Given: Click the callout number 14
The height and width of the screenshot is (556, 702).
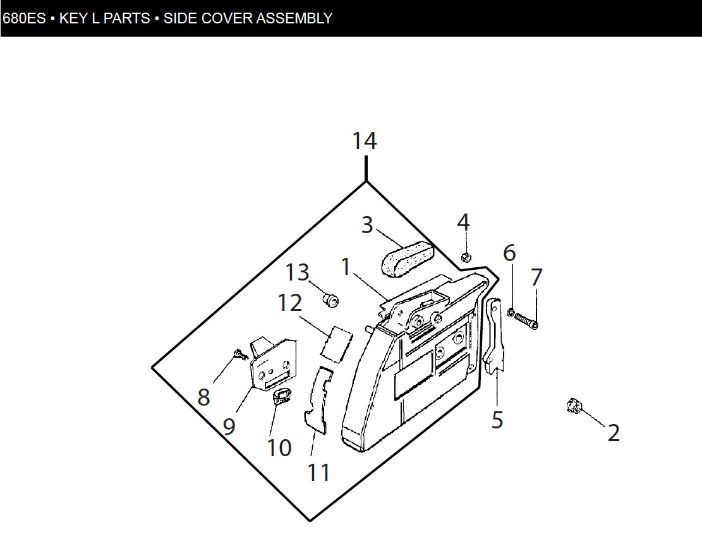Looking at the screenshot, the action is [x=365, y=141].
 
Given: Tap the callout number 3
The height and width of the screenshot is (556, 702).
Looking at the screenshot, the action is [x=367, y=225].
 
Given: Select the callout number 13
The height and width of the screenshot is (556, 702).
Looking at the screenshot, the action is [x=297, y=272].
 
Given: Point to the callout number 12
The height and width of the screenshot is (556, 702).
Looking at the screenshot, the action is [x=289, y=303].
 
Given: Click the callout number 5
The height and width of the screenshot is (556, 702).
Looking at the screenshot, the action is [x=497, y=420].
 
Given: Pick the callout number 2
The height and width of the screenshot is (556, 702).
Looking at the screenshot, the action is [x=614, y=433].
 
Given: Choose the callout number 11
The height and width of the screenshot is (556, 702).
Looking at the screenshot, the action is [x=318, y=473].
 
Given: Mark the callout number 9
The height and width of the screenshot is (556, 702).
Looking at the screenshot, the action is [x=229, y=426].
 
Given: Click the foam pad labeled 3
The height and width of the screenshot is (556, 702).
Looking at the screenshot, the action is [x=408, y=258].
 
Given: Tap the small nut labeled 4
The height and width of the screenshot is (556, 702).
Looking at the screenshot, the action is [x=466, y=257].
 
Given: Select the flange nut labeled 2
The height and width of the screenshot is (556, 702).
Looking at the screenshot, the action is [x=573, y=406].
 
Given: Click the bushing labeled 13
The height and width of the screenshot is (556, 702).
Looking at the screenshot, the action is [x=330, y=299].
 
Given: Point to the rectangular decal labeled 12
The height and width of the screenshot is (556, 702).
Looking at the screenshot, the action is [x=336, y=344].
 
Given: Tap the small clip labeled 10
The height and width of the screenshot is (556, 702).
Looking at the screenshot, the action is [x=282, y=396].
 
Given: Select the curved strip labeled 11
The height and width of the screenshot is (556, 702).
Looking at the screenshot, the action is [x=318, y=400].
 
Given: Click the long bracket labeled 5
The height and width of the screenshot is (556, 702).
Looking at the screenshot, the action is [x=494, y=335].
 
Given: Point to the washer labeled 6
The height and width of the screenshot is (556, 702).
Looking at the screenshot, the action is [x=511, y=312].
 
